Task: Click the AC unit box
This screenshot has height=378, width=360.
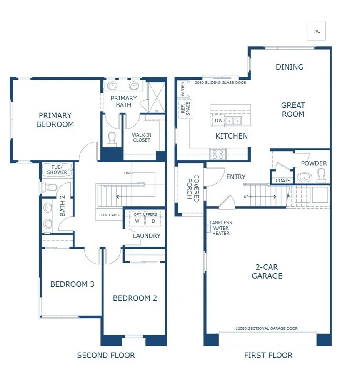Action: click(316, 31)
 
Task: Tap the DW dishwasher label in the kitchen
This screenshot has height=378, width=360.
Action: click(219, 121)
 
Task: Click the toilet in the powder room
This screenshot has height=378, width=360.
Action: click(321, 177)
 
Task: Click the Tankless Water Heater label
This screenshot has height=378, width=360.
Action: click(220, 228)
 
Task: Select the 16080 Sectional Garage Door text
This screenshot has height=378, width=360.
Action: click(267, 328)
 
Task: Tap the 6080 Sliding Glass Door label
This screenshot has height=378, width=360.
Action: click(220, 83)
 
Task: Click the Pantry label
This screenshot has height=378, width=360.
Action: click(182, 88)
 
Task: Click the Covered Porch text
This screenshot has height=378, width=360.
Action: click(192, 189)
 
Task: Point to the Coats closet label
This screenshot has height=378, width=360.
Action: click(283, 181)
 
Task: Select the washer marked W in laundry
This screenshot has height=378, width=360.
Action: click(137, 221)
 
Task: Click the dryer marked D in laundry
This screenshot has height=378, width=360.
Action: click(153, 221)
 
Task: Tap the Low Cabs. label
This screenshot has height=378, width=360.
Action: click(110, 215)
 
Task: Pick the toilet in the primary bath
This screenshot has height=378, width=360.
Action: click(112, 139)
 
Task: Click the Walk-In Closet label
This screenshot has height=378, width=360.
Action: click(141, 137)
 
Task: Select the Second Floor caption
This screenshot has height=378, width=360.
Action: click(106, 355)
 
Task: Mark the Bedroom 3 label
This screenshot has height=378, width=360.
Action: click(72, 284)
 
